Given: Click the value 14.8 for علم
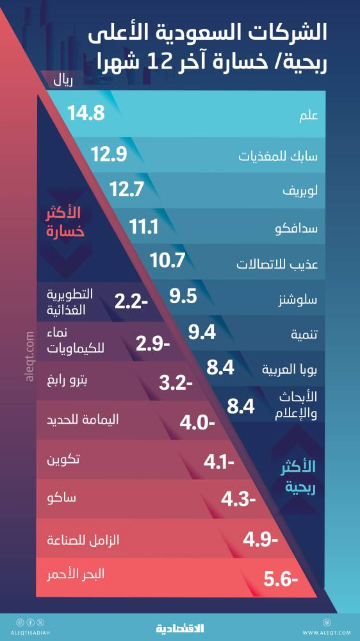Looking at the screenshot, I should [85, 114].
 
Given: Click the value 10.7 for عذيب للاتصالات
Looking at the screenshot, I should [167, 261].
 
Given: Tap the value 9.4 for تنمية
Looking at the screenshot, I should [201, 331].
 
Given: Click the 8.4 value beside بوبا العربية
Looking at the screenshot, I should [221, 368].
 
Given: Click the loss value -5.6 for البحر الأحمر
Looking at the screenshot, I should [281, 581].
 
